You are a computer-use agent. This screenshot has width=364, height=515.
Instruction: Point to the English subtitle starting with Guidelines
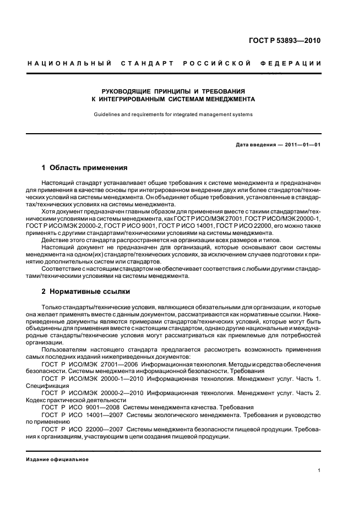pyautogui.click(x=173, y=114)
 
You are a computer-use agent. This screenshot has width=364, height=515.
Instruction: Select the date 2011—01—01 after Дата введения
pyautogui.click(x=302, y=144)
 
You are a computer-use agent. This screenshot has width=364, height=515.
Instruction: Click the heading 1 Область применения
pyautogui.click(x=84, y=167)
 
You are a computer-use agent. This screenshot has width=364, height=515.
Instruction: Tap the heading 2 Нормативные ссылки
pyautogui.click(x=86, y=291)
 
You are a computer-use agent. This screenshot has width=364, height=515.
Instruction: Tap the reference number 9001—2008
pyautogui.click(x=105, y=408)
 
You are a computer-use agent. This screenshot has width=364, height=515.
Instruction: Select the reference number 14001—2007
pyautogui.click(x=107, y=415)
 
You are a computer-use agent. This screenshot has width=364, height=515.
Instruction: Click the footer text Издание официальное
pyautogui.click(x=58, y=459)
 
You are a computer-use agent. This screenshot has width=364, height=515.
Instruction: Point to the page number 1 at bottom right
pyautogui.click(x=319, y=471)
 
